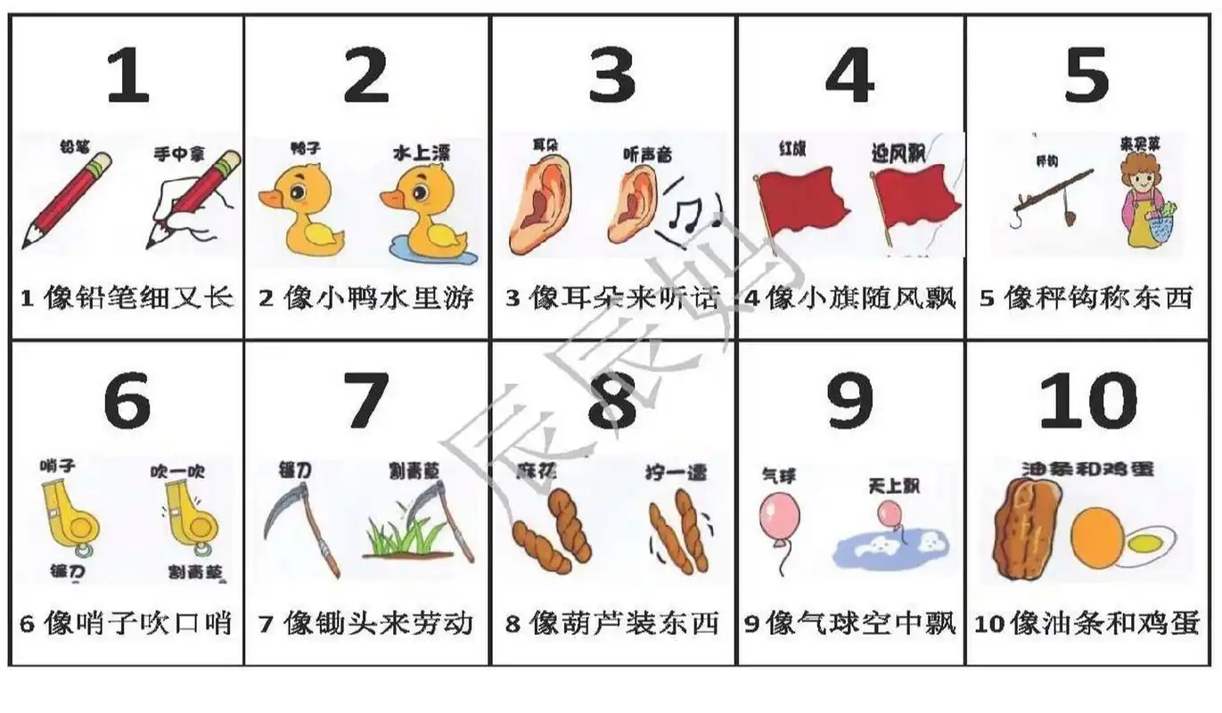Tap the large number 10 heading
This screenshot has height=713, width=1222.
1087,401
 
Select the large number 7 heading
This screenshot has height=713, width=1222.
365,401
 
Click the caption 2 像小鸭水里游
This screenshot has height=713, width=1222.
366,297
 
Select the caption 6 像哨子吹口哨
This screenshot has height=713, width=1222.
126,623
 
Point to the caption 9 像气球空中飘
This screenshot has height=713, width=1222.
850,623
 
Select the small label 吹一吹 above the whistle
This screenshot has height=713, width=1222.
178,470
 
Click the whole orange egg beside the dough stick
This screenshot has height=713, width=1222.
1097,537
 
